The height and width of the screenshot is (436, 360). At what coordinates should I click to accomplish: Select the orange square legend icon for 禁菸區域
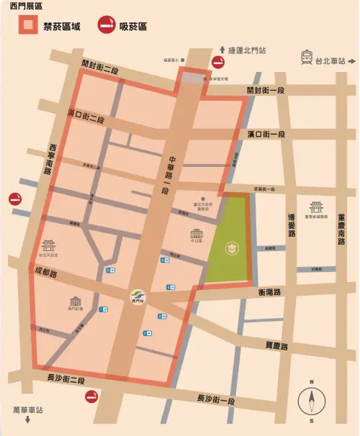click(29, 26)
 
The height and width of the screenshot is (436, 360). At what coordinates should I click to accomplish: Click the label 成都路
click(45, 274)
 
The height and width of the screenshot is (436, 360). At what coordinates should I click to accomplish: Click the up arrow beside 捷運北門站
click(221, 50)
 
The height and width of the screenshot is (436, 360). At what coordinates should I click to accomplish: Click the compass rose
click(312, 399)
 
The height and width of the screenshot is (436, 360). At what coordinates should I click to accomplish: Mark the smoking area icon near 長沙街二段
click(94, 398)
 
